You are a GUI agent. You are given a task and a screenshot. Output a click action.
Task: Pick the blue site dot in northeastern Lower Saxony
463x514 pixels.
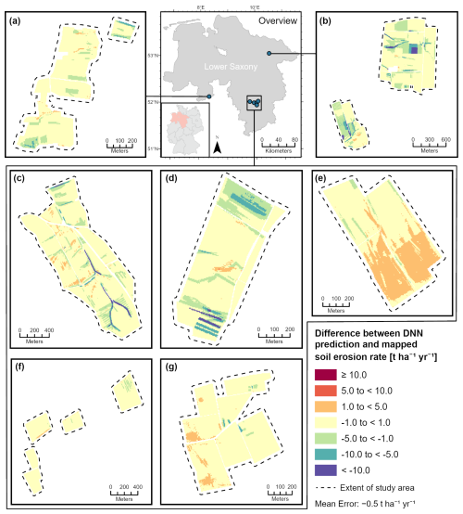pos(269,54)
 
